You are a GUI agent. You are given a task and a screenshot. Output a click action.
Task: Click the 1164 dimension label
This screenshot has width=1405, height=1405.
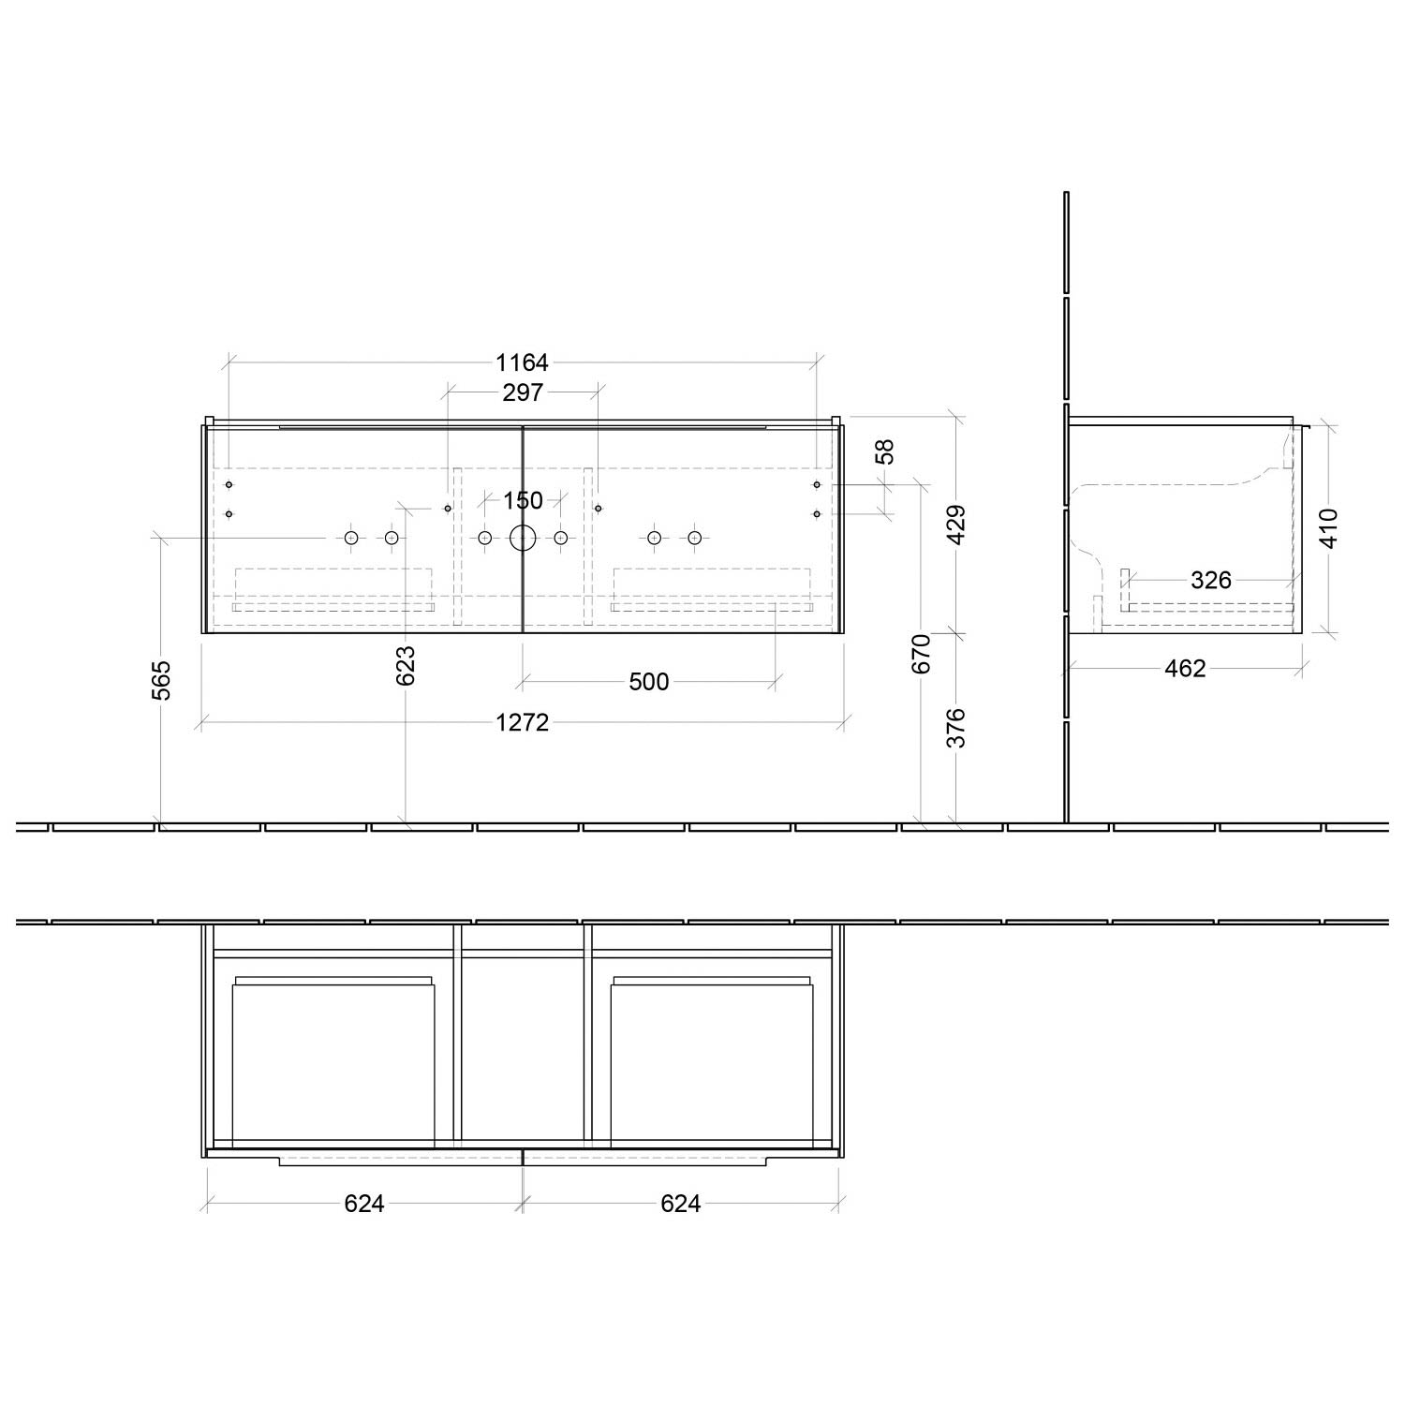point(522,362)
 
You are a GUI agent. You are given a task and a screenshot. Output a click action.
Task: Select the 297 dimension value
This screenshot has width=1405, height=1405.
point(522,392)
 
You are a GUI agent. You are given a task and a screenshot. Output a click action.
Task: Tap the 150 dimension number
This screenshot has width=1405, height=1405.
point(523,501)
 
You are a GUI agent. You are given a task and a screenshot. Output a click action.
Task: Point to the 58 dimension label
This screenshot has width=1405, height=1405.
point(885,451)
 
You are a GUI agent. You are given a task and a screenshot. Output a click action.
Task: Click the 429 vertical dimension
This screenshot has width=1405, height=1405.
point(955,525)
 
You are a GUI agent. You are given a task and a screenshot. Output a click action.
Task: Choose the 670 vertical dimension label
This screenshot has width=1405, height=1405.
point(922,654)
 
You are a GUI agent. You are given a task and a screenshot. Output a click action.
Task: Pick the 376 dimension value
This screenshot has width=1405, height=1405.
point(955,727)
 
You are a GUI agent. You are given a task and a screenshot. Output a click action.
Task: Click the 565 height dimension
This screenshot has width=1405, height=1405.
point(162,680)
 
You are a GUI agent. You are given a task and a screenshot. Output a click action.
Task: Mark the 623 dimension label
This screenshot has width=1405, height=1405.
point(406,665)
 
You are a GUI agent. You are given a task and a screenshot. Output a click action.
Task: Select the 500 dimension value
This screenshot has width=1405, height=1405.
point(648,682)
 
